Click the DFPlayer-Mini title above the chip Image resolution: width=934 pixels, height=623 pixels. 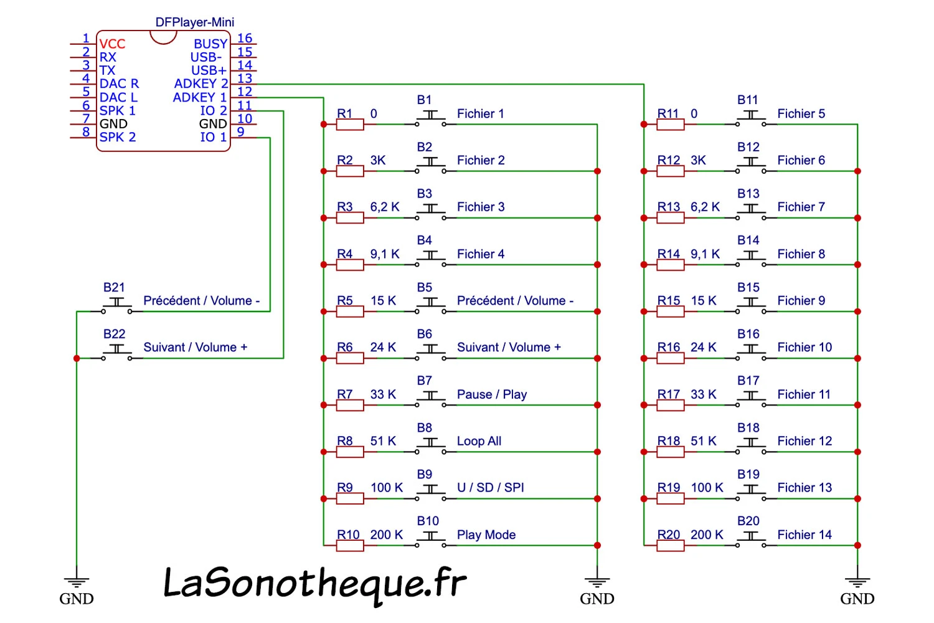pyautogui.click(x=195, y=22)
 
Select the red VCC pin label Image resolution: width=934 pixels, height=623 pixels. pyautogui.click(x=112, y=44)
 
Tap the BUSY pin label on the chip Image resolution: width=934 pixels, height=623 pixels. pyautogui.click(x=210, y=44)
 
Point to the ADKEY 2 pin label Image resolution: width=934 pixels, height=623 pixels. pyautogui.click(x=201, y=83)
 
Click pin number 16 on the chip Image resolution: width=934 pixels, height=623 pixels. pyautogui.click(x=245, y=39)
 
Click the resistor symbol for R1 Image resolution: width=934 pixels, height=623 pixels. pyautogui.click(x=350, y=125)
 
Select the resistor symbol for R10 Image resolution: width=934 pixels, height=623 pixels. pyautogui.click(x=350, y=546)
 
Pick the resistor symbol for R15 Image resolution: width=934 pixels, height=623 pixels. pyautogui.click(x=671, y=311)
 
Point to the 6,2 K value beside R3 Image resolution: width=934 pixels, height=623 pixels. pyautogui.click(x=385, y=207)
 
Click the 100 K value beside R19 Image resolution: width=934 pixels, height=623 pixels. pyautogui.click(x=707, y=488)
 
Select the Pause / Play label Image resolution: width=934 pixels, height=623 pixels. pyautogui.click(x=492, y=394)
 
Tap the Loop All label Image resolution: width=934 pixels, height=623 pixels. pyautogui.click(x=479, y=441)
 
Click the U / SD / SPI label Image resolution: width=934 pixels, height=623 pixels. pyautogui.click(x=491, y=488)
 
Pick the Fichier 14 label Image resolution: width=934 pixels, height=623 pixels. pyautogui.click(x=804, y=535)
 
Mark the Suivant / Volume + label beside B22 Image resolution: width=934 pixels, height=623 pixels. pyautogui.click(x=196, y=348)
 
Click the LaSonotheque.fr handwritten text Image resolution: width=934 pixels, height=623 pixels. pyautogui.click(x=314, y=584)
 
